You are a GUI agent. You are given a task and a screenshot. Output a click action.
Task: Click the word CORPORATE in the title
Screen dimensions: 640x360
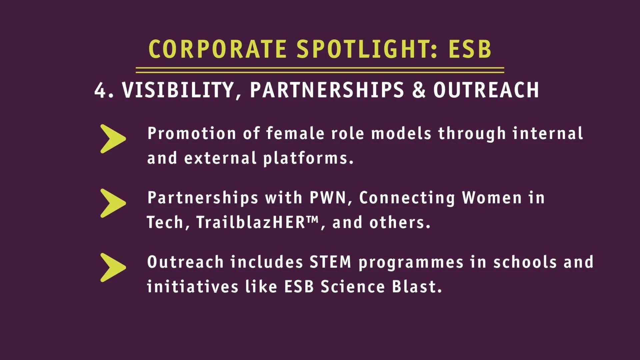217,49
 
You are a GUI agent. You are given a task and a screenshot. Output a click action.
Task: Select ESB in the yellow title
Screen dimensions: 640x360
470,49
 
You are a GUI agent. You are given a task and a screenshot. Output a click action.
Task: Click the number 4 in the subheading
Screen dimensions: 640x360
100,90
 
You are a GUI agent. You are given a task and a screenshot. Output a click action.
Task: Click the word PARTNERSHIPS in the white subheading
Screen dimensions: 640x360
327,90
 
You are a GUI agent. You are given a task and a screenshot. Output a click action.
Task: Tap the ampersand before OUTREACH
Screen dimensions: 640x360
419,90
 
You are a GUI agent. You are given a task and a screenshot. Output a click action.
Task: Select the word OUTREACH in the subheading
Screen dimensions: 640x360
486,90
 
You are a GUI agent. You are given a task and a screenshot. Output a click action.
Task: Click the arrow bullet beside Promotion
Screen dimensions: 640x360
113,139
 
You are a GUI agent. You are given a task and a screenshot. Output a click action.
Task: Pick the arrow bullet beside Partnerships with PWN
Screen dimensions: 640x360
113,203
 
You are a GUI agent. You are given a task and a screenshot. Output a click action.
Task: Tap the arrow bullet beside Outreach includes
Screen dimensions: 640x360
113,268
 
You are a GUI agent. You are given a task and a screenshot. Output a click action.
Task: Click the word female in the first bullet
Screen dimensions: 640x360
295,133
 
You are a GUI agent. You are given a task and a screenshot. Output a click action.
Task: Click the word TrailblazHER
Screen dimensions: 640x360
250,222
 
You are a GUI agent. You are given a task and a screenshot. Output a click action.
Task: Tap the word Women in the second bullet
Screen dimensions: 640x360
492,198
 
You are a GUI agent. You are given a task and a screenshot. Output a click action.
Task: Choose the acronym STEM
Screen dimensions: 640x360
330,262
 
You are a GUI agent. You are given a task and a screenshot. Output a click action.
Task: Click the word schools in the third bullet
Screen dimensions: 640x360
525,262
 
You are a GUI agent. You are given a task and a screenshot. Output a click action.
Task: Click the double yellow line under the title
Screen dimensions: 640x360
320,70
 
